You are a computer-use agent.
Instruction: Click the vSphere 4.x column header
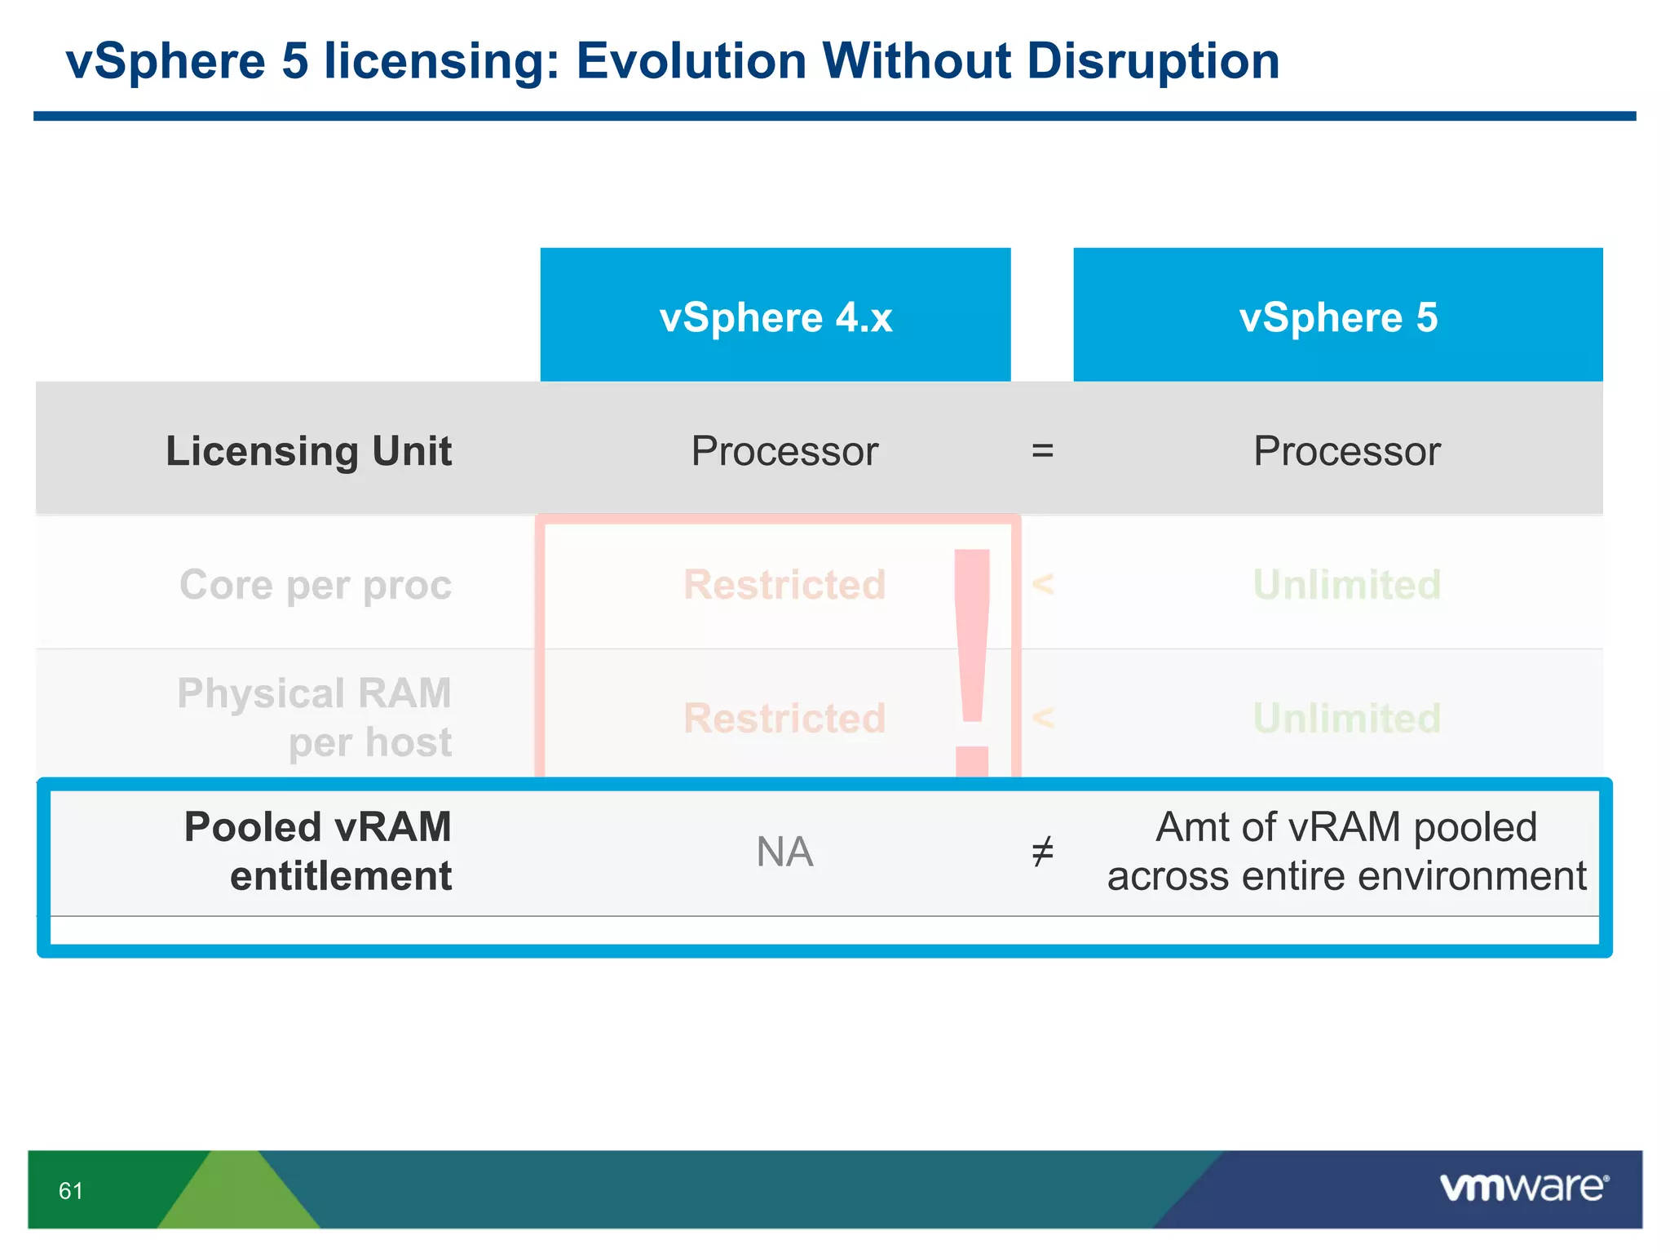pos(775,317)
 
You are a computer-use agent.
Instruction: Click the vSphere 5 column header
pos(1337,317)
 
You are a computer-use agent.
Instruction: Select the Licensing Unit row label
pos(308,451)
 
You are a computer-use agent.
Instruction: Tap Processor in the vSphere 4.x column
pos(784,451)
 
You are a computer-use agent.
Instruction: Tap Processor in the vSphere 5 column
pos(1346,451)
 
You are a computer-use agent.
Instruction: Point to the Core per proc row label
pos(316,585)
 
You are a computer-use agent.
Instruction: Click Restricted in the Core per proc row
pos(784,585)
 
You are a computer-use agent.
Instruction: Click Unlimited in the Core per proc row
pos(1346,585)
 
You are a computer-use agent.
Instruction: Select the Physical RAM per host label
pos(316,718)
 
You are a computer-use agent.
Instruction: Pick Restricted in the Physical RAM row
pos(784,719)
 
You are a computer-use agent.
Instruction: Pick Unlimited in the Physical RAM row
pos(1346,719)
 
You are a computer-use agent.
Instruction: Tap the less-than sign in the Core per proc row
pos(1042,585)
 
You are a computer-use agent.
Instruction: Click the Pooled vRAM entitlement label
pos(318,852)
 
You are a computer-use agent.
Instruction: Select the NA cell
pos(784,852)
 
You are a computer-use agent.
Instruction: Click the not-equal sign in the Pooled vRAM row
pos(1042,852)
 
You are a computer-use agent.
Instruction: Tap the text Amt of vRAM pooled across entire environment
pos(1346,852)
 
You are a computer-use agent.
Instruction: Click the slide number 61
pos(71,1191)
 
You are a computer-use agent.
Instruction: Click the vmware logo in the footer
pos(1523,1188)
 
